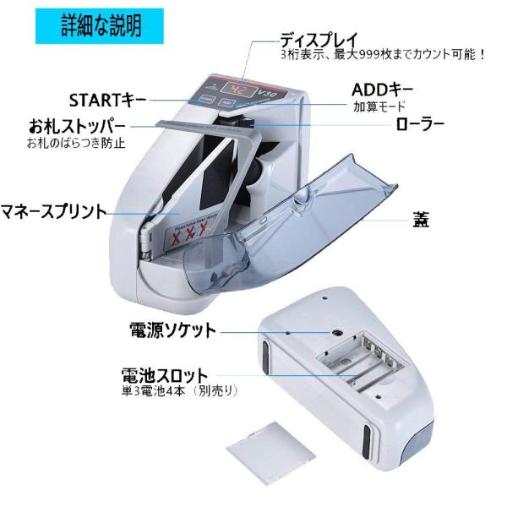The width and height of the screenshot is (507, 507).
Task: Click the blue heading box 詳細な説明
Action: pos(101,25)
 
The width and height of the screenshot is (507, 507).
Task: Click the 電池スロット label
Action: pos(167,374)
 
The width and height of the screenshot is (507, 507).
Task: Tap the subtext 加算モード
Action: pos(379,107)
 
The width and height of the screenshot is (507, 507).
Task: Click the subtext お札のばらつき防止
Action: pos(71,143)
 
